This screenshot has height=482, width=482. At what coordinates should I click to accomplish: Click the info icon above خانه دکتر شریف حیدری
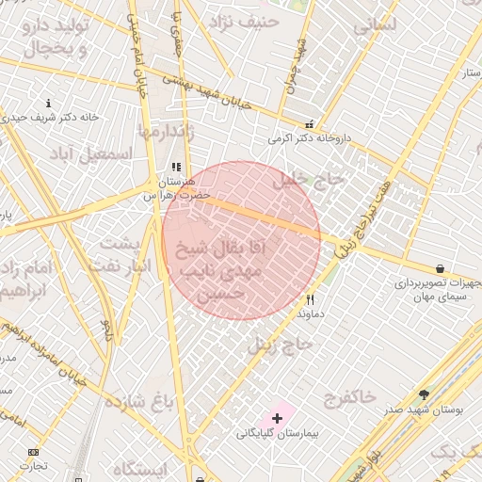pos(49,103)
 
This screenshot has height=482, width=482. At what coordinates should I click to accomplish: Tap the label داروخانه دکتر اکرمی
pos(309,138)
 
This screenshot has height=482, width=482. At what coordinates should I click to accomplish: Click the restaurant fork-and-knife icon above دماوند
pos(309,299)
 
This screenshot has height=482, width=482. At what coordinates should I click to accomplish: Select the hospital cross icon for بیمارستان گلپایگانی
pos(277,417)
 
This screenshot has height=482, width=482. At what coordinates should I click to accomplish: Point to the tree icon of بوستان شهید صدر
pos(424,394)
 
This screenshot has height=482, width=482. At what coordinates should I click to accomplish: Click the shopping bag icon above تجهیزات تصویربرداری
pos(440,268)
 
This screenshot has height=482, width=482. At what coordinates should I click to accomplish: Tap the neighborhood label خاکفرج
pos(349,395)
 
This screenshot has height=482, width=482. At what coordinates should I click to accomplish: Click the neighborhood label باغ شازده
pos(139,404)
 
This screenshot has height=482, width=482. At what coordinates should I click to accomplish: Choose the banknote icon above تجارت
pos(35,452)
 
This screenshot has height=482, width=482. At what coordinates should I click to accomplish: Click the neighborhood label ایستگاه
pos(139,469)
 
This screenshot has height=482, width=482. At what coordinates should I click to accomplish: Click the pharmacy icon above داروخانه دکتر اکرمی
pos(309,124)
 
